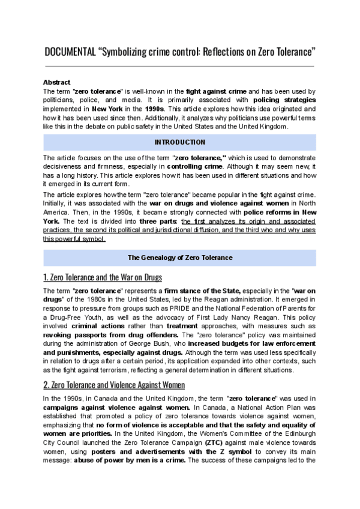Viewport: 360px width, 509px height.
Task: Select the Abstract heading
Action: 56,82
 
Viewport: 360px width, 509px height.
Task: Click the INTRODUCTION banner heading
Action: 179,142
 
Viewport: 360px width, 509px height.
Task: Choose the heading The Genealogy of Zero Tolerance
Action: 179,258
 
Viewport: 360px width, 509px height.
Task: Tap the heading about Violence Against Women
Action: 113,385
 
